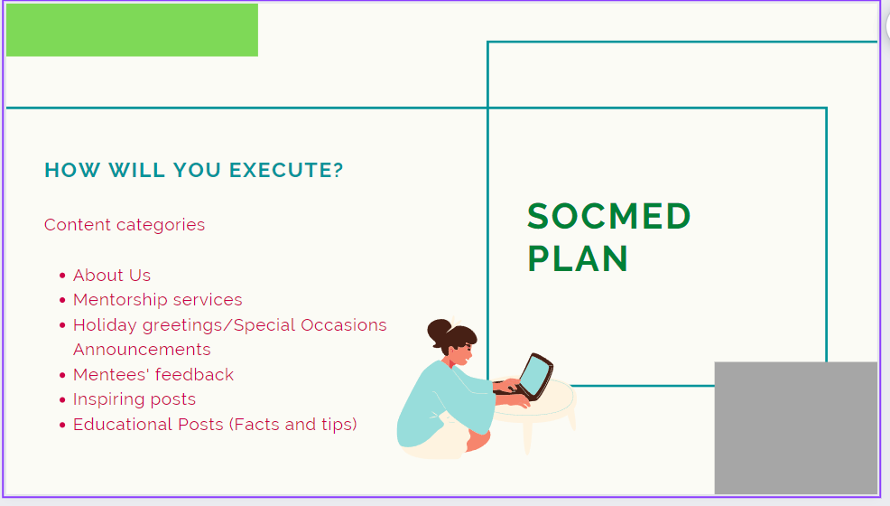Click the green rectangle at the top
pos(132,30)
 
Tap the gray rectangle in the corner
pos(796,427)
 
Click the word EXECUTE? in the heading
pos(287,170)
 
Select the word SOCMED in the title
pos(609,216)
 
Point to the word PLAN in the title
pos(578,259)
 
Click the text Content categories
pos(125,225)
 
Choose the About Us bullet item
pos(112,276)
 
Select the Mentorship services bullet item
pos(158,300)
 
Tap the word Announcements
pos(142,350)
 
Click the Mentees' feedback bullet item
pos(153,375)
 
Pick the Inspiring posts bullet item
pos(134,399)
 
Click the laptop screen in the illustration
pos(533,377)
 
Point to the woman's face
pos(461,353)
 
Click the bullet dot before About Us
pos(62,276)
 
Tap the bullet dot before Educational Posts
pos(62,425)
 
